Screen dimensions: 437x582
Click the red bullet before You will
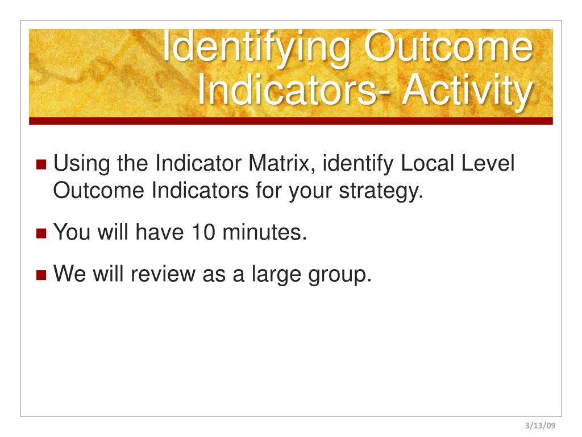tap(41, 233)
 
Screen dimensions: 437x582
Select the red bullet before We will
tap(41, 275)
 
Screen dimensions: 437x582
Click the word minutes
tap(265, 232)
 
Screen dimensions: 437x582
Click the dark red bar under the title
tap(290, 121)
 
